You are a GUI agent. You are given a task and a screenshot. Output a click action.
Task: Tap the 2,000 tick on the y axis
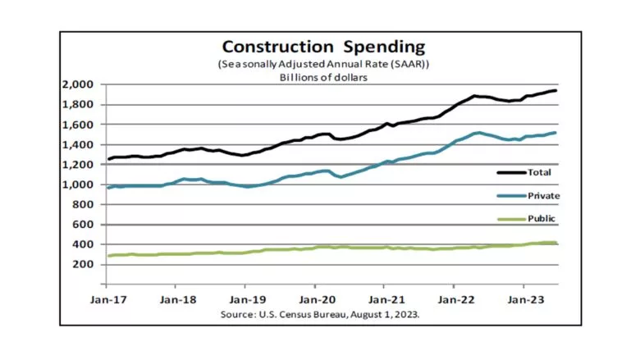(78, 85)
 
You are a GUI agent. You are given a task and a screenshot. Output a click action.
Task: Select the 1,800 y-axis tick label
(78, 105)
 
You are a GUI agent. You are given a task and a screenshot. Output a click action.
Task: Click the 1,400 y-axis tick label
(78, 144)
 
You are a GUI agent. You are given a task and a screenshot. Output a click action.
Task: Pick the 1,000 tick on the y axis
(78, 185)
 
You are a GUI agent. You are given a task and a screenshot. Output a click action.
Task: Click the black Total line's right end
(556, 90)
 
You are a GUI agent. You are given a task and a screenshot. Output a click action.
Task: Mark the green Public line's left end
(108, 256)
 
